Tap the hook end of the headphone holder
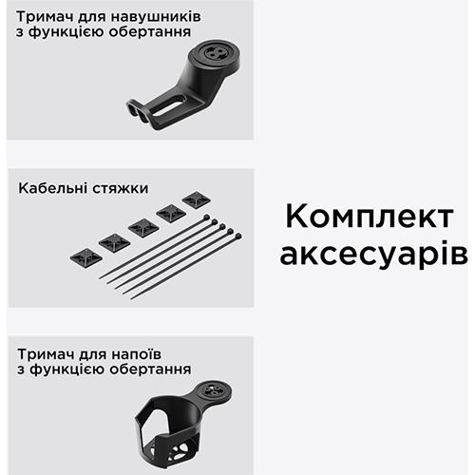138,109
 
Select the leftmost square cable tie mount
83,256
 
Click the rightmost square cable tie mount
197,200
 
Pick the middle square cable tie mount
143,227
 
